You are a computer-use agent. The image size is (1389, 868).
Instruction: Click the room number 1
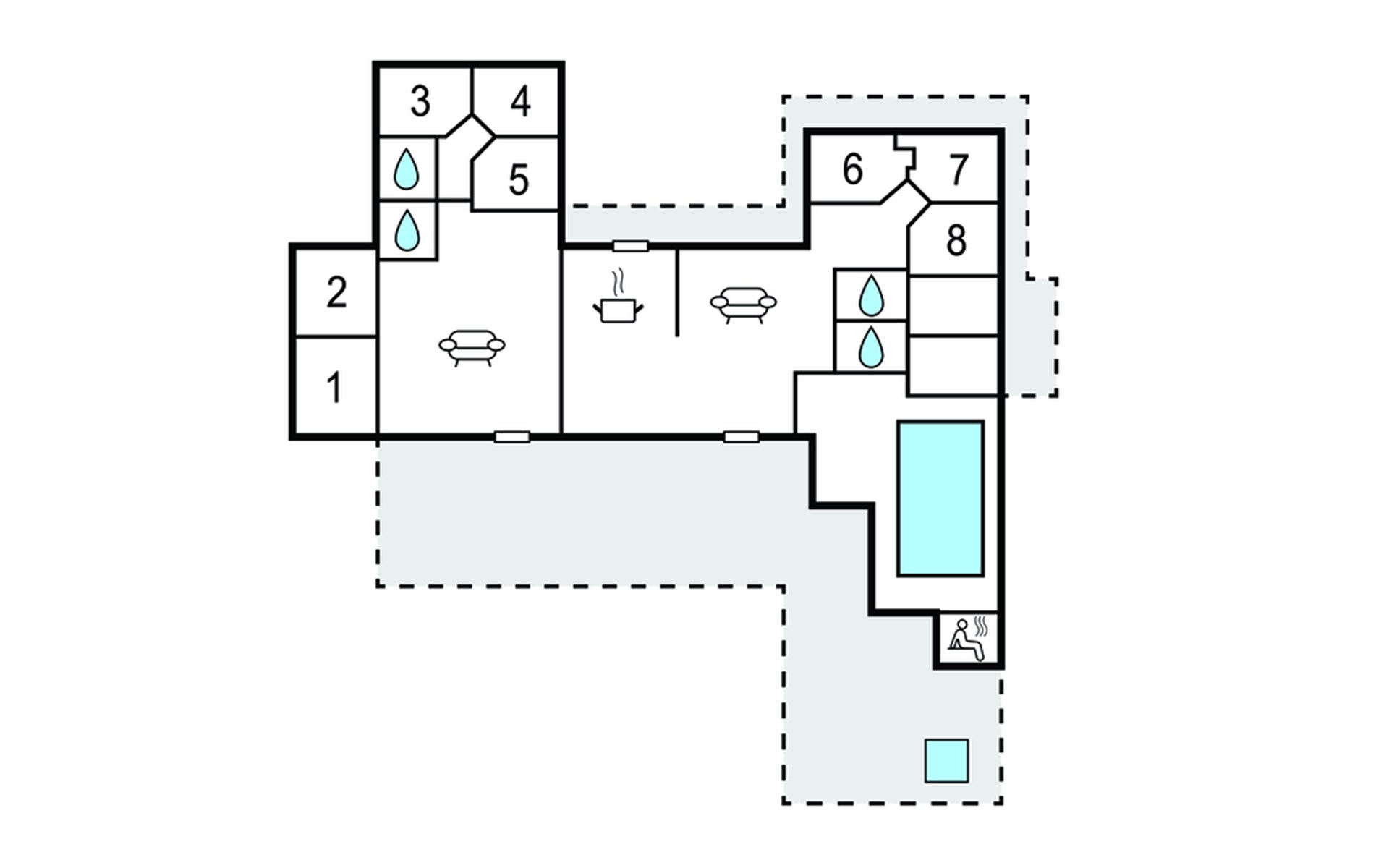click(334, 388)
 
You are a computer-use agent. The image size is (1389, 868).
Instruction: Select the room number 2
click(336, 292)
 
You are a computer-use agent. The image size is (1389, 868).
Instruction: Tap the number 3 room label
click(420, 101)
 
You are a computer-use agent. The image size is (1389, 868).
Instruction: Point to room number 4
click(521, 101)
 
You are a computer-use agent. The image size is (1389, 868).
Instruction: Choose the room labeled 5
click(519, 180)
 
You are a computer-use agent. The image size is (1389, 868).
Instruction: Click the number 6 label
click(853, 169)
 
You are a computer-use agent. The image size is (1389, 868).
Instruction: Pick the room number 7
click(959, 170)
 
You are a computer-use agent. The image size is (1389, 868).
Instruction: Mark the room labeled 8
click(956, 239)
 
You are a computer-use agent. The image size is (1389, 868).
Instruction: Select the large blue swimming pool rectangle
click(940, 499)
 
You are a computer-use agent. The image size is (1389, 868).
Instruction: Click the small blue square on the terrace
click(947, 761)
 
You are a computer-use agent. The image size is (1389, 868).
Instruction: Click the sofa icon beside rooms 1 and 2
click(472, 348)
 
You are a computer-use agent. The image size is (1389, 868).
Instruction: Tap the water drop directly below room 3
click(406, 169)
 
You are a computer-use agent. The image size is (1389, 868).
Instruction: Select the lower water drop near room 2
click(407, 231)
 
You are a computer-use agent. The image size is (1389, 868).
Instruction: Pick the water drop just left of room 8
click(871, 296)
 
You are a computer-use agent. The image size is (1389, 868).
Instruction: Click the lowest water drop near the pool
click(871, 348)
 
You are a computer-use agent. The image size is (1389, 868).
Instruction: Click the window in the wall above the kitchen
click(631, 247)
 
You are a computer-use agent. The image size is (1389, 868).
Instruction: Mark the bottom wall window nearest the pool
click(742, 437)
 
